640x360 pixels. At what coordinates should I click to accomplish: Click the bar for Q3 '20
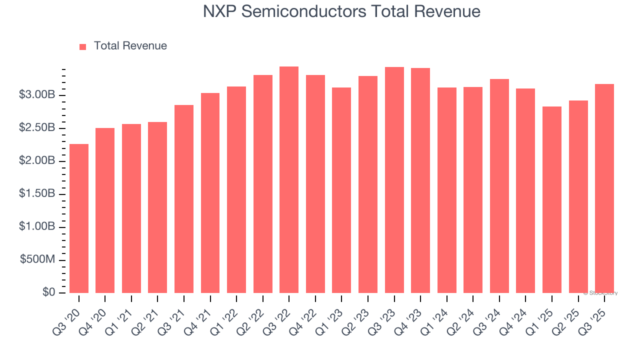(x=79, y=218)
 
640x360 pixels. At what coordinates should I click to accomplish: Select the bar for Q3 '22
(x=289, y=180)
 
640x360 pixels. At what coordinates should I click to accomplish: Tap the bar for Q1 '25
(x=552, y=200)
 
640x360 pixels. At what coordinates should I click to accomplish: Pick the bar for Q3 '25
(x=604, y=188)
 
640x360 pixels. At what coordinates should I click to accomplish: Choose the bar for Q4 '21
(x=210, y=193)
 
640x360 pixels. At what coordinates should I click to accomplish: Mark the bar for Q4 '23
(x=420, y=180)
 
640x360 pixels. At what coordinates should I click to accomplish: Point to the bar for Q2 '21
(x=157, y=207)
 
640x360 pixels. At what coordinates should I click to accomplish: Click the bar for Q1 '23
(x=341, y=190)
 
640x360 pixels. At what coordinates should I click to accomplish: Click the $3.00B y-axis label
(x=37, y=95)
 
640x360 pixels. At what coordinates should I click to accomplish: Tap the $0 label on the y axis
(x=49, y=292)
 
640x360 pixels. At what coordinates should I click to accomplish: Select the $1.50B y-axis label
(x=37, y=194)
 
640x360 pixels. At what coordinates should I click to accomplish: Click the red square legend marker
(x=83, y=46)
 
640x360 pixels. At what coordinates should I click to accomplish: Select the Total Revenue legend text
(x=130, y=46)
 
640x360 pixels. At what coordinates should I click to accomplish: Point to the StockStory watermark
(x=600, y=293)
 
